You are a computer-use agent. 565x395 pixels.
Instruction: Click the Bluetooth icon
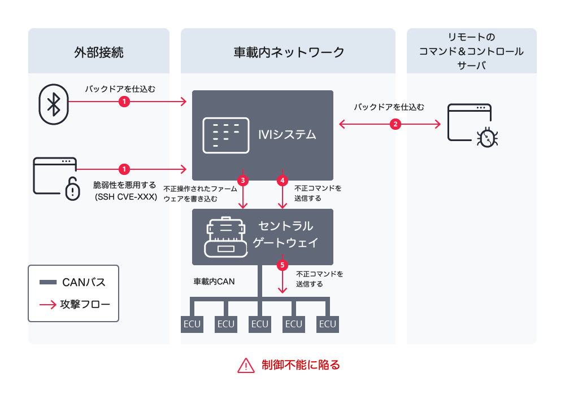pyautogui.click(x=53, y=104)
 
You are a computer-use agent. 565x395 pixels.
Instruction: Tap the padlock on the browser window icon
pyautogui.click(x=72, y=190)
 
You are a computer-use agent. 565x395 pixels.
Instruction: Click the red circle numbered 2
pyautogui.click(x=395, y=124)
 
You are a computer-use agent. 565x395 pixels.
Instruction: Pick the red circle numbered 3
pyautogui.click(x=243, y=181)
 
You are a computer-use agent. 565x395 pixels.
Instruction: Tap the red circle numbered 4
pyautogui.click(x=282, y=181)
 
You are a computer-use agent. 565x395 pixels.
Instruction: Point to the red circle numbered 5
pyautogui.click(x=282, y=264)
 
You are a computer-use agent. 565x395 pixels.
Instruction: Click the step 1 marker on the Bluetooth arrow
pyautogui.click(x=124, y=102)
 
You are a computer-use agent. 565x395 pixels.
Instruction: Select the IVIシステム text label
pyautogui.click(x=286, y=135)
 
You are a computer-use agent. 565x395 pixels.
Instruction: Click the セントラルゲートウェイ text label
pyautogui.click(x=285, y=235)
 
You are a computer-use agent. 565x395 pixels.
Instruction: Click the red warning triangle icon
pyautogui.click(x=246, y=365)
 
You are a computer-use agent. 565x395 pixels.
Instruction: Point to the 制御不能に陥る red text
pyautogui.click(x=301, y=365)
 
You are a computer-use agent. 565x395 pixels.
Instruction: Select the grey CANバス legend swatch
pyautogui.click(x=48, y=282)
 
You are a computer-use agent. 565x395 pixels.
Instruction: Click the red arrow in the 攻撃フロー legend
pyautogui.click(x=48, y=305)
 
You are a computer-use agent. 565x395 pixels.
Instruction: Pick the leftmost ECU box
pyautogui.click(x=192, y=324)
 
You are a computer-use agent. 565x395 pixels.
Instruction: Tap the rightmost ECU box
pyautogui.click(x=328, y=324)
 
